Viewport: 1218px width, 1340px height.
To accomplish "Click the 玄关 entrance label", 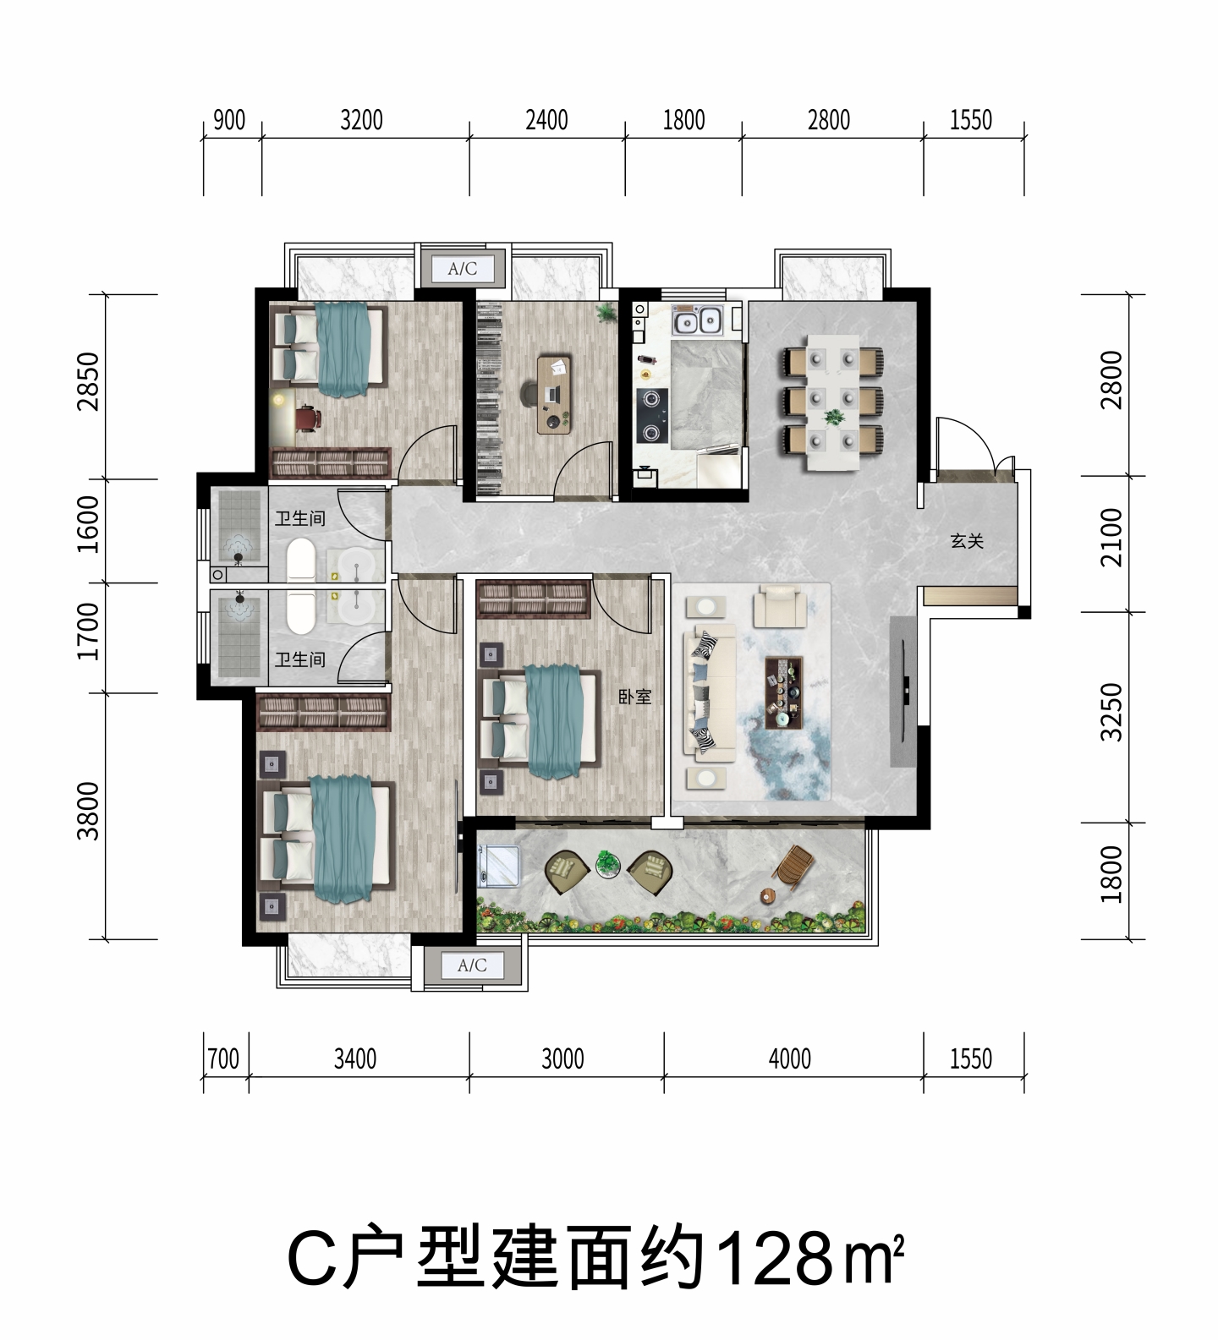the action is point(967,540).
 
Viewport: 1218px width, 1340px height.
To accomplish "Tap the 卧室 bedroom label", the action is point(634,697).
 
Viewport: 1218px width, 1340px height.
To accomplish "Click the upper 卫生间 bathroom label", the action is point(299,517).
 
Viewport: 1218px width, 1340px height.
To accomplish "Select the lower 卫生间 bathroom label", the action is point(299,659).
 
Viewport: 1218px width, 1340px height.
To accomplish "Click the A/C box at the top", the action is point(463,269).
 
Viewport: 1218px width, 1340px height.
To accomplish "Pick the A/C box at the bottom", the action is point(472,965).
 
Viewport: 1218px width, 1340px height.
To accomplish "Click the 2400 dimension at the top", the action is point(546,121).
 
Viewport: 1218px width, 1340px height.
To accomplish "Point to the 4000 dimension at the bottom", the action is point(790,1058).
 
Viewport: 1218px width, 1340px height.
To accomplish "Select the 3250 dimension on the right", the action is point(1112,713).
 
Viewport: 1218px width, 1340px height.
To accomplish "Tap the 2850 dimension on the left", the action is point(88,381).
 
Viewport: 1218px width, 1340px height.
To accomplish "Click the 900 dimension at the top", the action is point(228,121).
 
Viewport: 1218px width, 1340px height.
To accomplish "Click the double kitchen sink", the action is point(698,320).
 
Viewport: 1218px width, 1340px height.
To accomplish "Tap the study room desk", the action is point(554,394).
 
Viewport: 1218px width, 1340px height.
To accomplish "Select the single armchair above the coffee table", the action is point(779,604).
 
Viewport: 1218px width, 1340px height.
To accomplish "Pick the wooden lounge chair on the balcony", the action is point(794,867).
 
